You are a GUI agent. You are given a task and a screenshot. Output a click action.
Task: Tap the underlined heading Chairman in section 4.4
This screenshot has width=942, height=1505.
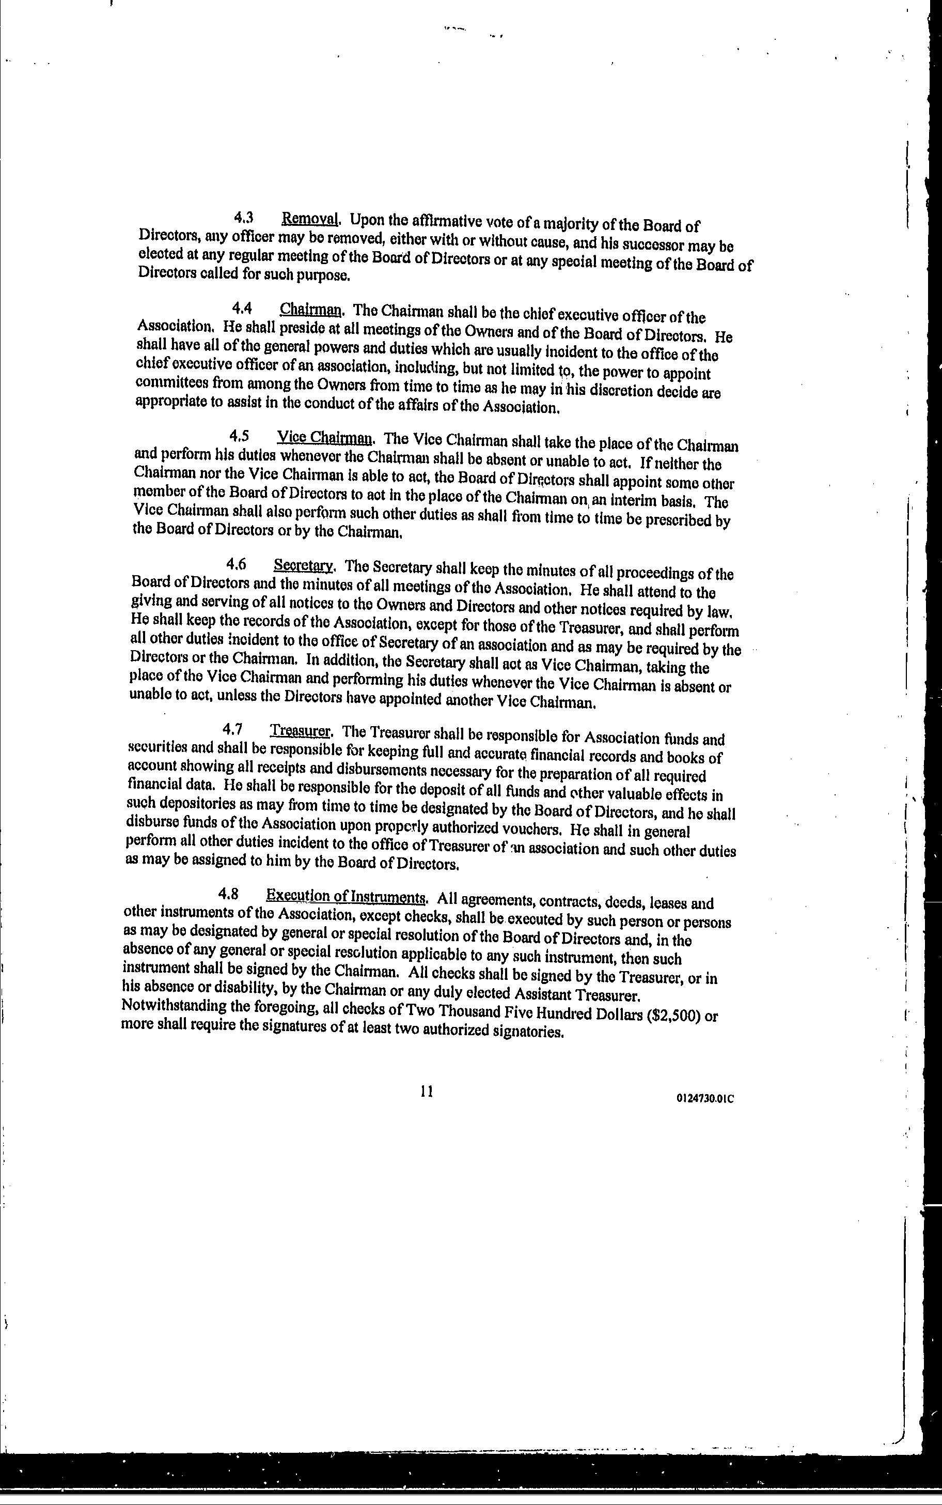(311, 309)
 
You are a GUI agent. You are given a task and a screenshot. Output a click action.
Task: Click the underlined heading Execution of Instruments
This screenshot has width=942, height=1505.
(346, 896)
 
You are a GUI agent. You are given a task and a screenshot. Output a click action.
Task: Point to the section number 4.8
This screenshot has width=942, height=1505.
(229, 894)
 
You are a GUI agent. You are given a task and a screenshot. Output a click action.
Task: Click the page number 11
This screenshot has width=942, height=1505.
(427, 1091)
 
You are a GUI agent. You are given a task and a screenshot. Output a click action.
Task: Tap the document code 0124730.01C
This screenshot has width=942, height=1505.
(704, 1099)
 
